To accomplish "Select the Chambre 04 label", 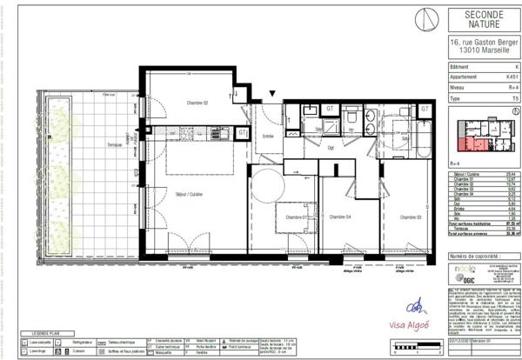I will [x=339, y=216].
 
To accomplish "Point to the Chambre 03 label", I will [x=411, y=216].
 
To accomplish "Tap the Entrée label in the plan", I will [x=268, y=136].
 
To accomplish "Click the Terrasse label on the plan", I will [x=114, y=143].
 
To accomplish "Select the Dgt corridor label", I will [x=331, y=147].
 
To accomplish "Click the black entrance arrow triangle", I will [x=272, y=93].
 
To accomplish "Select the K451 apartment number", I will [x=512, y=77].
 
